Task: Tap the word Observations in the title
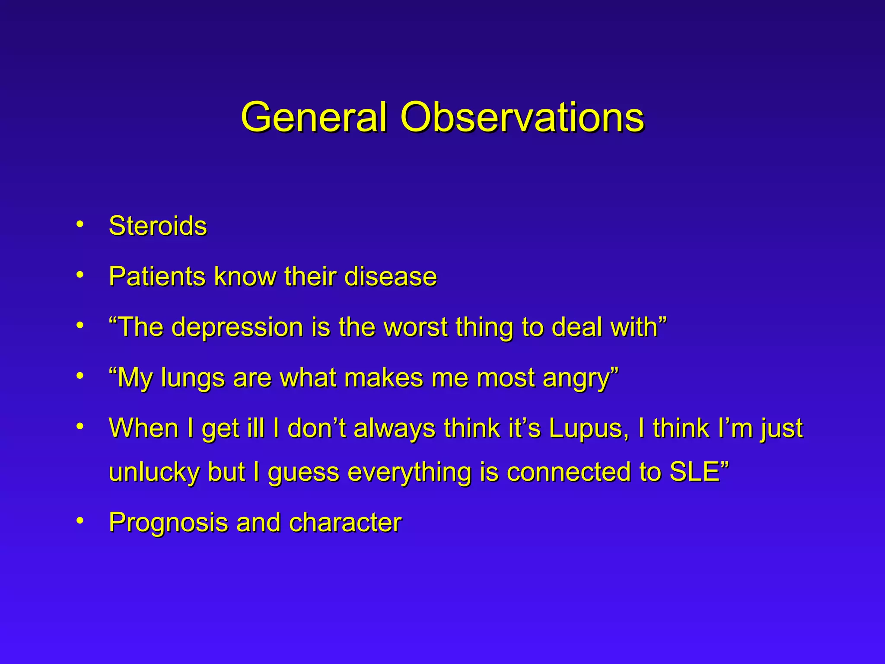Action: [522, 117]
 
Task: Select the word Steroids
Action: [158, 226]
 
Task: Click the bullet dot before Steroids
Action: [79, 224]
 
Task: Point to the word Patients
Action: [157, 276]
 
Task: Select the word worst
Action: [415, 327]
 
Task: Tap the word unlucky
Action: [154, 472]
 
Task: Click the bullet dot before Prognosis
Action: [79, 521]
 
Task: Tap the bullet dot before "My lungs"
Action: [79, 376]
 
